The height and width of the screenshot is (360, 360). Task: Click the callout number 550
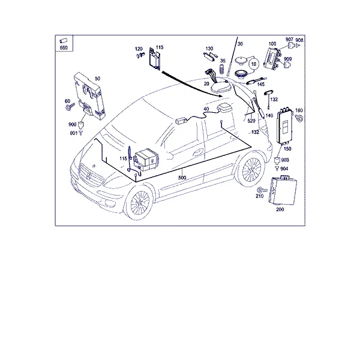click(x=64, y=47)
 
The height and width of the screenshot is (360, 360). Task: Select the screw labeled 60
click(x=70, y=107)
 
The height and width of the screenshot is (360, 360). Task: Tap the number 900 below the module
click(x=73, y=124)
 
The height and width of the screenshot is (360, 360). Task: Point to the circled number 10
click(x=253, y=64)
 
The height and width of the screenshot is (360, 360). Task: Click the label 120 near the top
click(x=139, y=49)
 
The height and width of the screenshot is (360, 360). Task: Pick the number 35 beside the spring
click(x=223, y=61)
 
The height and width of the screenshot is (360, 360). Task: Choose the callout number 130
click(x=209, y=49)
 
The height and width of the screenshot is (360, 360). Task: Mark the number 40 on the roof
click(x=206, y=109)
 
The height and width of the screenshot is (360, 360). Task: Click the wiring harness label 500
click(x=182, y=178)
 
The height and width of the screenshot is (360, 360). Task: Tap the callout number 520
click(x=251, y=121)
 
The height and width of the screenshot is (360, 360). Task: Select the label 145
click(x=261, y=84)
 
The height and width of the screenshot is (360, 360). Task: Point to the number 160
click(x=299, y=110)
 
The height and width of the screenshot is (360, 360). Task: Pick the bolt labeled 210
click(x=262, y=190)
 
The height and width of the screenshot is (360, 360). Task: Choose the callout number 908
click(x=299, y=40)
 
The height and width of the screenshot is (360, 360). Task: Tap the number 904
click(x=284, y=169)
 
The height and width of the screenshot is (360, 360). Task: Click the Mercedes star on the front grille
click(x=89, y=176)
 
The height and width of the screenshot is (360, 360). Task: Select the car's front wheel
click(x=140, y=203)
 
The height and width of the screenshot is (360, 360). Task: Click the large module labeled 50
click(x=89, y=95)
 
